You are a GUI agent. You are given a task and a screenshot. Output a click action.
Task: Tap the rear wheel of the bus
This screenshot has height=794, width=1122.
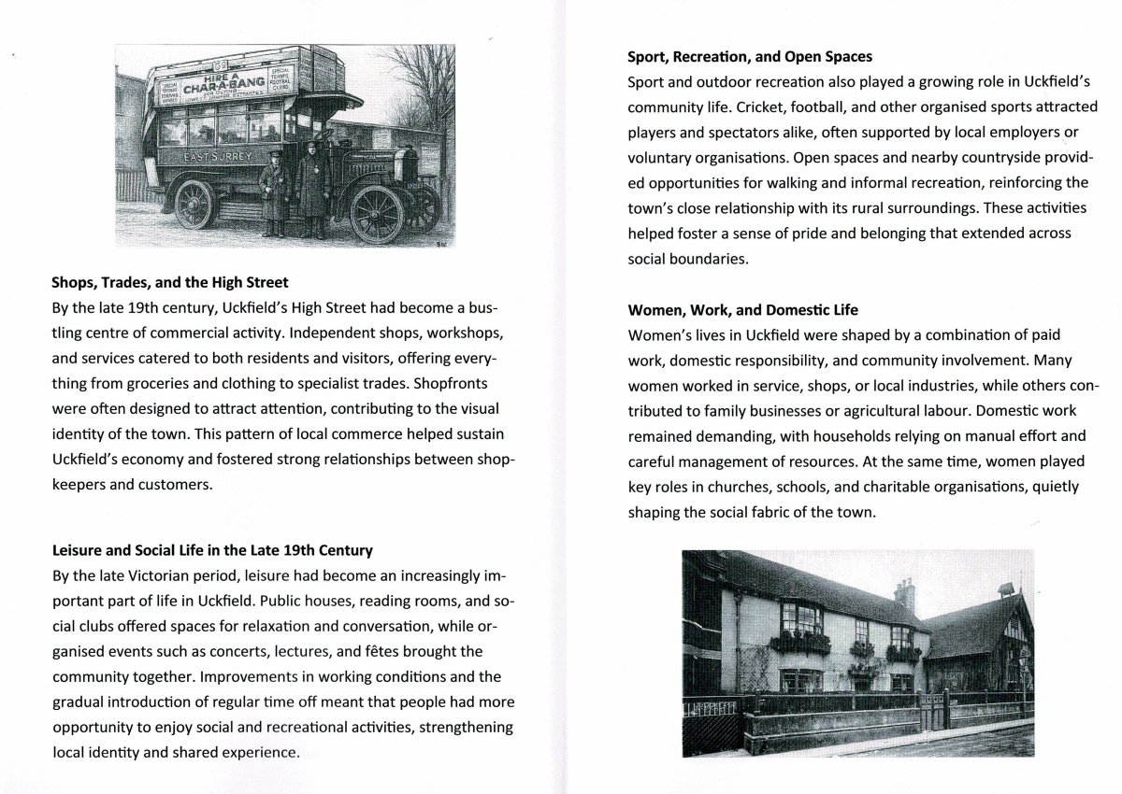[x=194, y=204]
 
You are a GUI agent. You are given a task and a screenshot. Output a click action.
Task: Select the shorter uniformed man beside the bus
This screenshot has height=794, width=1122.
[x=275, y=187]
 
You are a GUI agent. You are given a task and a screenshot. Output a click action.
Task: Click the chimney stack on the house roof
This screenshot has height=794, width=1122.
[x=904, y=591]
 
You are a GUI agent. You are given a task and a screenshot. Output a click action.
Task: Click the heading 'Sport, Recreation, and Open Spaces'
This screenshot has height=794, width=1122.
[x=750, y=57]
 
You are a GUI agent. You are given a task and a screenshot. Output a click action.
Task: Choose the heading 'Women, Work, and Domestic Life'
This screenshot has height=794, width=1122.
[x=742, y=309]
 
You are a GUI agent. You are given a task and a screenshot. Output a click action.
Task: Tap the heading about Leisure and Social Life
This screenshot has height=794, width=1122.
[x=213, y=550]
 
